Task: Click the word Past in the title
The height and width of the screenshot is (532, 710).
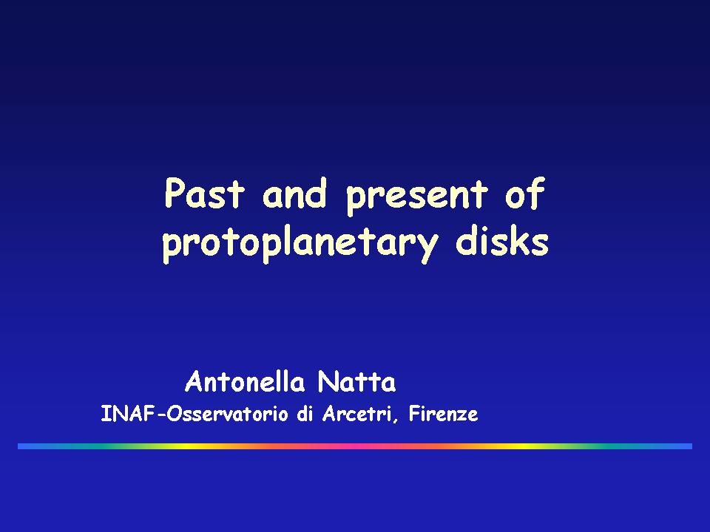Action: coord(205,193)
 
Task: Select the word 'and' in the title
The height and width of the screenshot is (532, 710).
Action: coord(294,193)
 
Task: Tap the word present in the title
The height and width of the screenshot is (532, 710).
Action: coord(417,197)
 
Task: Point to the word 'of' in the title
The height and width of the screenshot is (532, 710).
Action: coord(525,194)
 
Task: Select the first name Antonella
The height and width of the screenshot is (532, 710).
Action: coord(245,381)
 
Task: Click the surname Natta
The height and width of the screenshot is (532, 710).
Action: coord(356,381)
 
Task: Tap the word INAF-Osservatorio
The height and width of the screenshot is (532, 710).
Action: coord(195,414)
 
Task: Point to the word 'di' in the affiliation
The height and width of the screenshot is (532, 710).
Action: coord(305,414)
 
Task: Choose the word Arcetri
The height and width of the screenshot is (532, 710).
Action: coord(356,414)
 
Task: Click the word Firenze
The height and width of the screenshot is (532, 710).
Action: coord(443,414)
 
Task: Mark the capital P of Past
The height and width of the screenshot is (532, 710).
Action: coord(175,193)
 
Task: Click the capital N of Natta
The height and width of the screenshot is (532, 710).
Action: coord(328,381)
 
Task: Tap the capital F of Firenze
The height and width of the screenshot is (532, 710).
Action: coord(414,413)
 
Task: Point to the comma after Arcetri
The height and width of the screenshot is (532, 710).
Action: coord(395,420)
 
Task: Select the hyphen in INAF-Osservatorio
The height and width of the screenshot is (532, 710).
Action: coord(160,415)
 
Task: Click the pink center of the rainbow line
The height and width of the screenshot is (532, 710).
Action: coord(355,446)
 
